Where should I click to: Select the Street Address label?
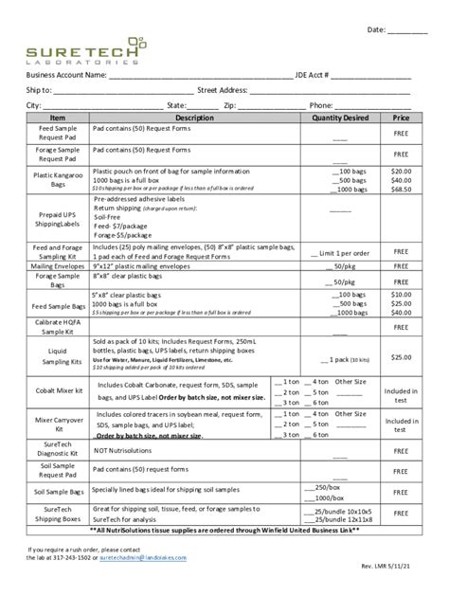pos(222,90)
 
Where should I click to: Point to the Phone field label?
pos(321,105)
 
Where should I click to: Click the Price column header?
pos(401,118)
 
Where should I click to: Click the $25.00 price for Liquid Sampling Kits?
pos(401,356)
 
